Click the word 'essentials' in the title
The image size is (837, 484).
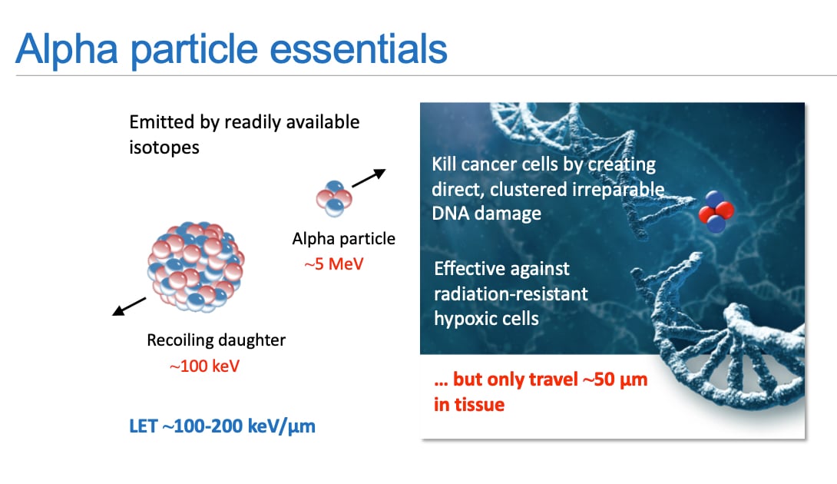coord(358,49)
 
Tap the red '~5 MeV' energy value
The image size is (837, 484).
coord(333,264)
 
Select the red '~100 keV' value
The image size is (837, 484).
coord(204,366)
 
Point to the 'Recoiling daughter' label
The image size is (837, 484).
coord(217,340)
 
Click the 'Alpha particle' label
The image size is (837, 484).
coord(344,238)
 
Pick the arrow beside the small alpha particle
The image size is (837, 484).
coord(369,178)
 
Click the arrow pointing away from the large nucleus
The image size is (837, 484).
coord(129,307)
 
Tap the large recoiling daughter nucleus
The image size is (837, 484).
coord(196,266)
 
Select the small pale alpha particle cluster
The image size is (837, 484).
coord(334,199)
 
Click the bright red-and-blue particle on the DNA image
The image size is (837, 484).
coord(716,211)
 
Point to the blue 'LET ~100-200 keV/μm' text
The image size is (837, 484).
coord(222,426)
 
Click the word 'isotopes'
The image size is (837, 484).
coord(164,148)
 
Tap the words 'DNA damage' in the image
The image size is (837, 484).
coord(486,214)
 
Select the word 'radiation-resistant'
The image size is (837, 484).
coord(511,293)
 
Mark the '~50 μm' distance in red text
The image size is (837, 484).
coord(615,380)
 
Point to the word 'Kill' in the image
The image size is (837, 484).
coord(444,164)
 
